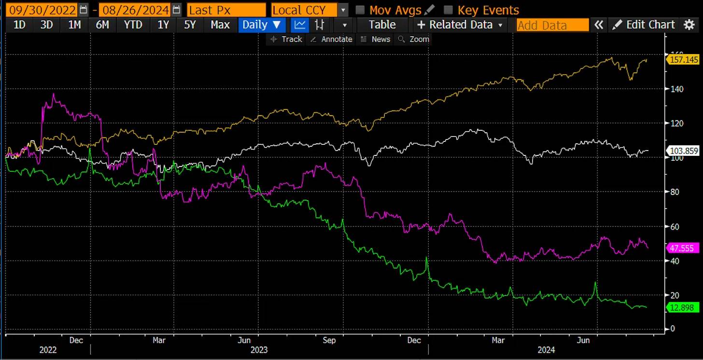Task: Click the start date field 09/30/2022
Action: [x=40, y=10]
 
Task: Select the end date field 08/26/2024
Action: [x=134, y=10]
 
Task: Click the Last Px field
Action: [x=226, y=10]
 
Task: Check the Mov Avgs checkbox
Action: [x=360, y=10]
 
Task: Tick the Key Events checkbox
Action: [x=448, y=10]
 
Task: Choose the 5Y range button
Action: [x=190, y=25]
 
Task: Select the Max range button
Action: [x=220, y=25]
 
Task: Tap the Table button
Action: [x=382, y=25]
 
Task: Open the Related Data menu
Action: [x=460, y=25]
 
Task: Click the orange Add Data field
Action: [x=552, y=25]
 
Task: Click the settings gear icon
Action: [x=689, y=25]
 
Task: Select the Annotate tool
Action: [x=332, y=40]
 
